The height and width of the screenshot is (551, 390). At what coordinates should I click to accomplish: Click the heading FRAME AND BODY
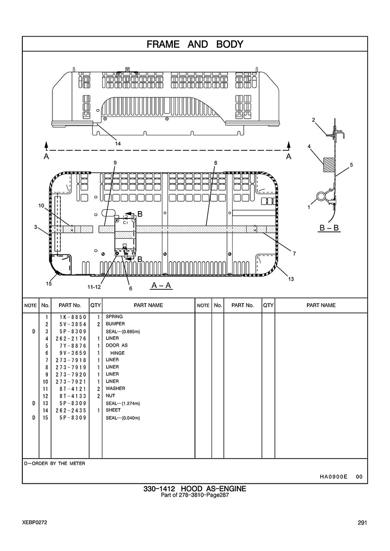(195, 45)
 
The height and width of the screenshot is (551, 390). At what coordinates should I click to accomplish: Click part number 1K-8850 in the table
(72, 317)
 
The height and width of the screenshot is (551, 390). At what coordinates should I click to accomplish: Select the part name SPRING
(114, 317)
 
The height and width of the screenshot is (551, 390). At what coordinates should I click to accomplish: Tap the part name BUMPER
(115, 324)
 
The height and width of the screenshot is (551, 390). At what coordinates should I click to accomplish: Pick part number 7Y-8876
(72, 346)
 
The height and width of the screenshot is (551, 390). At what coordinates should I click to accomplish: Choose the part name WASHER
(115, 389)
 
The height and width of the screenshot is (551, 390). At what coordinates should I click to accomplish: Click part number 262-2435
(72, 410)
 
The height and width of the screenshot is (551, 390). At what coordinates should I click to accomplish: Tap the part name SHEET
(113, 410)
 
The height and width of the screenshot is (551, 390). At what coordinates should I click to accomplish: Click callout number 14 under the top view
(118, 144)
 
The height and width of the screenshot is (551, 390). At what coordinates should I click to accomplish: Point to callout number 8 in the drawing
(216, 163)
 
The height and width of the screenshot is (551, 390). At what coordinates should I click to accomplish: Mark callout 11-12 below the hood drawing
(94, 287)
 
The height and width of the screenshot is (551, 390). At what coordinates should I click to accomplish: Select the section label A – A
(162, 286)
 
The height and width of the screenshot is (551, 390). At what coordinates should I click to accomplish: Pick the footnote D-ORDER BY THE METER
(54, 463)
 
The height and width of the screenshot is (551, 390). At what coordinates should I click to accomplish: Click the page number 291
(363, 523)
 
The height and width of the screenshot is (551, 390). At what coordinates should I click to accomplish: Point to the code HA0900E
(333, 477)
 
